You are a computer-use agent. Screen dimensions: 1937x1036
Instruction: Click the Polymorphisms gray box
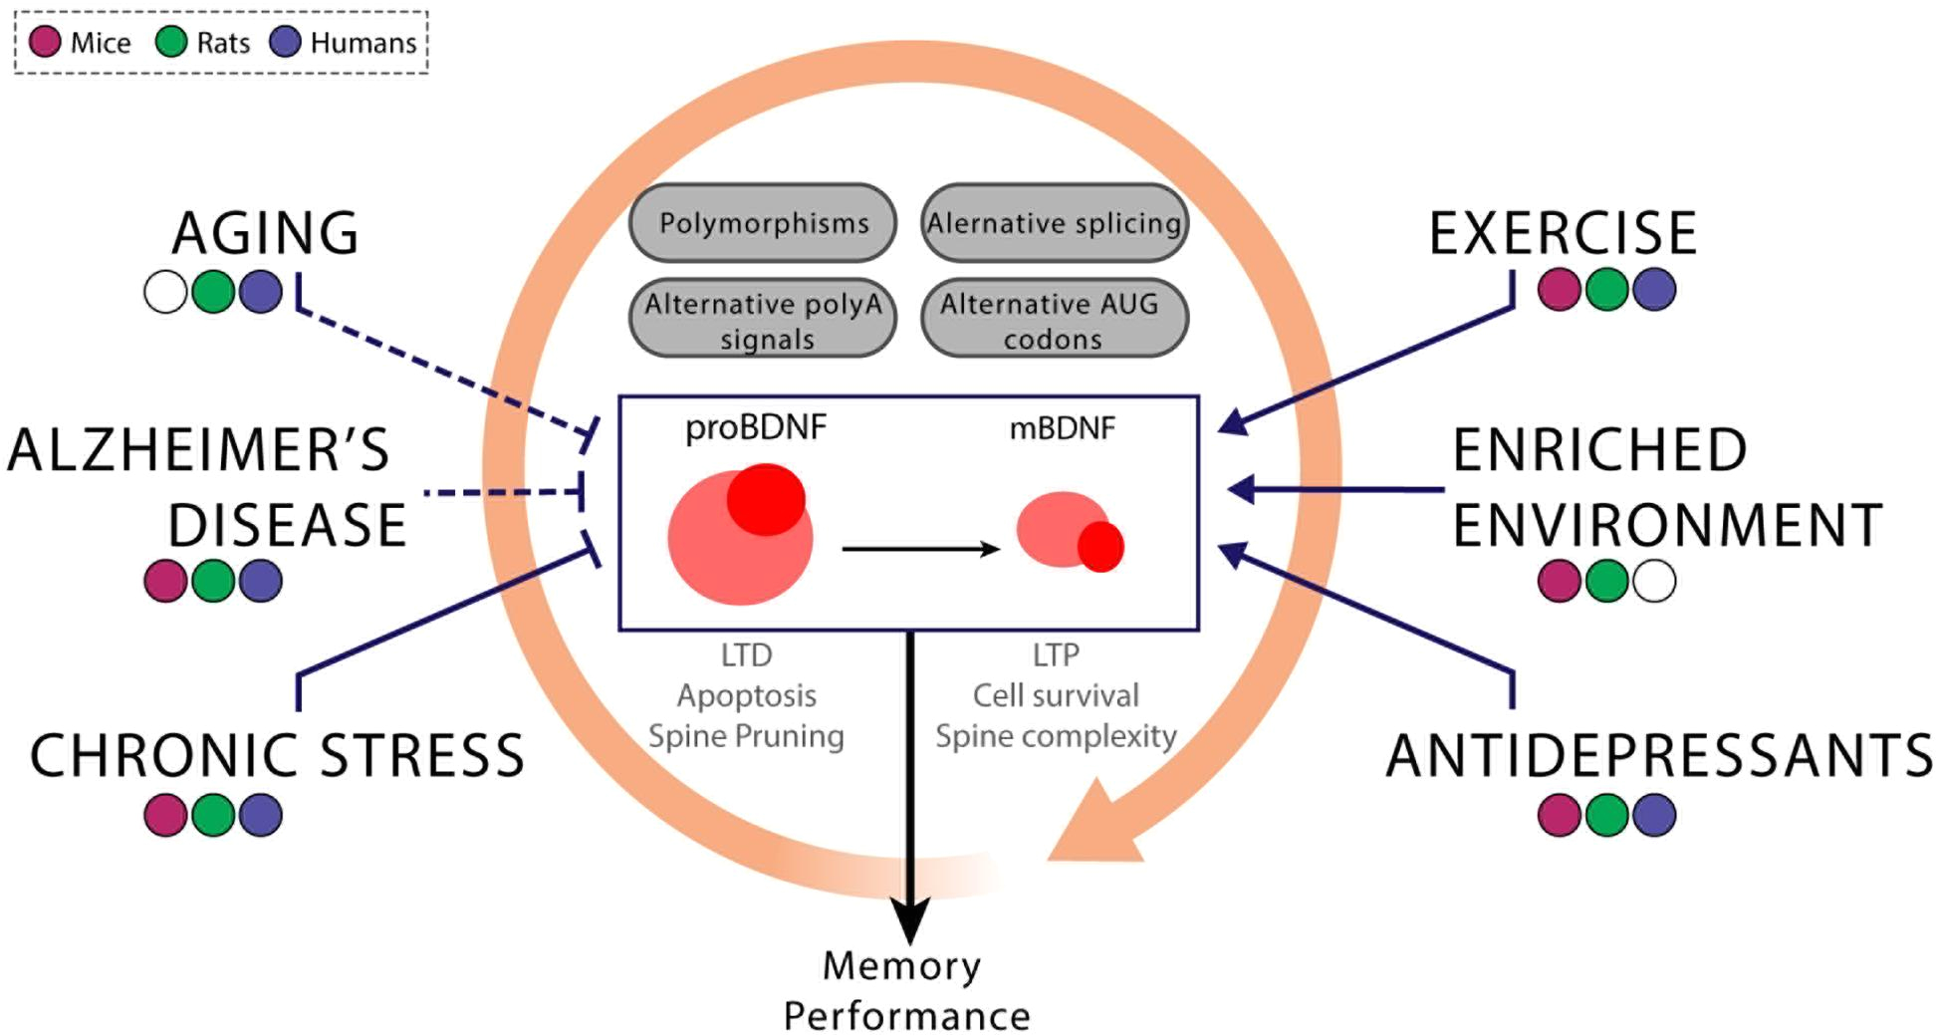click(x=763, y=222)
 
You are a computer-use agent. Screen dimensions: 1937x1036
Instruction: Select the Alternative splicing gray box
click(x=1055, y=222)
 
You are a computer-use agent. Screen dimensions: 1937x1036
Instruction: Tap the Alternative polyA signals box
click(x=763, y=319)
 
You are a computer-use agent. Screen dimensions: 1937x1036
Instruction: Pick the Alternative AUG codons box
click(x=1055, y=319)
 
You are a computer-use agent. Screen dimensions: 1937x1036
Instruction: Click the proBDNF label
click(x=756, y=427)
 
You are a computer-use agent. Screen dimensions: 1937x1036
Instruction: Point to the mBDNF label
click(x=1063, y=428)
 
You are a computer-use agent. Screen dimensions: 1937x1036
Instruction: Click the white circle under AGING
click(x=165, y=292)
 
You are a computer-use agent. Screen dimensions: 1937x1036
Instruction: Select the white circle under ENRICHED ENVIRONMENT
click(x=1654, y=581)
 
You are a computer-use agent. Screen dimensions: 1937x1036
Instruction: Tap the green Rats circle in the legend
click(x=171, y=42)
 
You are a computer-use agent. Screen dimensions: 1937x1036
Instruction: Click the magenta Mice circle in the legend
click(x=45, y=42)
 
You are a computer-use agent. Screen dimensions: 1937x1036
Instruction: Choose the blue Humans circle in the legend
click(x=286, y=42)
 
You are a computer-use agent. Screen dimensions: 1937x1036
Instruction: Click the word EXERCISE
click(x=1563, y=233)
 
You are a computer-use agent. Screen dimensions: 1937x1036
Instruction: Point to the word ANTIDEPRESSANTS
click(x=1659, y=755)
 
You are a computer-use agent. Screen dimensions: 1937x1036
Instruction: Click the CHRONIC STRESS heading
click(x=277, y=755)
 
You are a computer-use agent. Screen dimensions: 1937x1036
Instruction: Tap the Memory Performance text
click(x=906, y=991)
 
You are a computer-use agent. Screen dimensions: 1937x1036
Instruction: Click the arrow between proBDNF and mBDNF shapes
click(x=921, y=549)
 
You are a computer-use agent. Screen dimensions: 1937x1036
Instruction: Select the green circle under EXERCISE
click(x=1606, y=290)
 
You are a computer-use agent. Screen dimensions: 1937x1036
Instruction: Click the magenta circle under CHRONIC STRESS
click(x=165, y=815)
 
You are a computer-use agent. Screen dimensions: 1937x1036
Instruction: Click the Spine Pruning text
click(x=746, y=736)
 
